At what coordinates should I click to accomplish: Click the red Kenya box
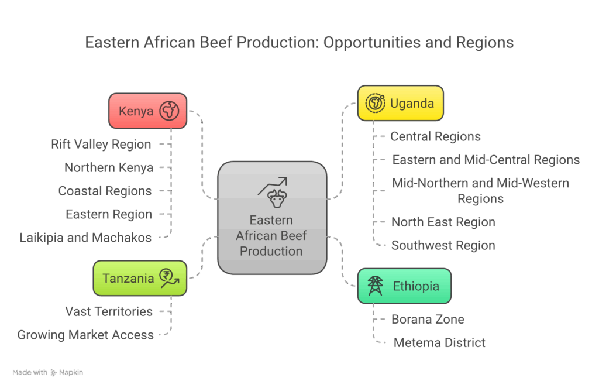pyautogui.click(x=147, y=111)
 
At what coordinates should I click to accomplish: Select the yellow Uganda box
pyautogui.click(x=400, y=104)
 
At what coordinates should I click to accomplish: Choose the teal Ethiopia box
pyautogui.click(x=404, y=286)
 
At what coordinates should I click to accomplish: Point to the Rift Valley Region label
pyautogui.click(x=101, y=144)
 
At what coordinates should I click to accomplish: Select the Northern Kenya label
pyautogui.click(x=109, y=167)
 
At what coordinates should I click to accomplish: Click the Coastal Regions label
pyautogui.click(x=105, y=191)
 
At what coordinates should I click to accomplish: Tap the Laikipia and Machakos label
pyautogui.click(x=85, y=238)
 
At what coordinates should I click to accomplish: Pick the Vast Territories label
pyautogui.click(x=109, y=311)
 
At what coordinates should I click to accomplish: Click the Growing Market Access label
pyautogui.click(x=85, y=335)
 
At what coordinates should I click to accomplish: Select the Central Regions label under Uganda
pyautogui.click(x=435, y=136)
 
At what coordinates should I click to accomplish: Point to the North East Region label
pyautogui.click(x=443, y=222)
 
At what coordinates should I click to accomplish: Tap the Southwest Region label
pyautogui.click(x=443, y=245)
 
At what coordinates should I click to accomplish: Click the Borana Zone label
pyautogui.click(x=428, y=320)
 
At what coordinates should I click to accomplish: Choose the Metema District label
pyautogui.click(x=439, y=342)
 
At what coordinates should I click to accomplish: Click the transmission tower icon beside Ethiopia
pyautogui.click(x=375, y=286)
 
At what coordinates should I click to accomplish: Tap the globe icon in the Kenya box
pyautogui.click(x=169, y=111)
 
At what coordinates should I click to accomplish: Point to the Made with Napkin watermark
pyautogui.click(x=47, y=372)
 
